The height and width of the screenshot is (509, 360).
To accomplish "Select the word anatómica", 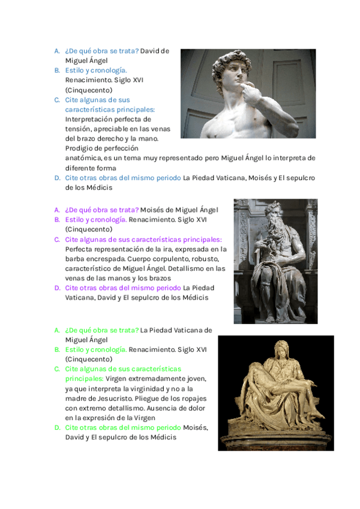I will pyautogui.click(x=84, y=158).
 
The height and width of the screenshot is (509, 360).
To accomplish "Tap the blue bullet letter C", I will pyautogui.click(x=57, y=100).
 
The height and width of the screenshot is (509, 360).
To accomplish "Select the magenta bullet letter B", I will pyautogui.click(x=57, y=220).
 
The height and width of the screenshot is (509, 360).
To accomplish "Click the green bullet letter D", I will pyautogui.click(x=57, y=427).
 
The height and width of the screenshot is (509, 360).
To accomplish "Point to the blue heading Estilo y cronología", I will pyautogui.click(x=96, y=70).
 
